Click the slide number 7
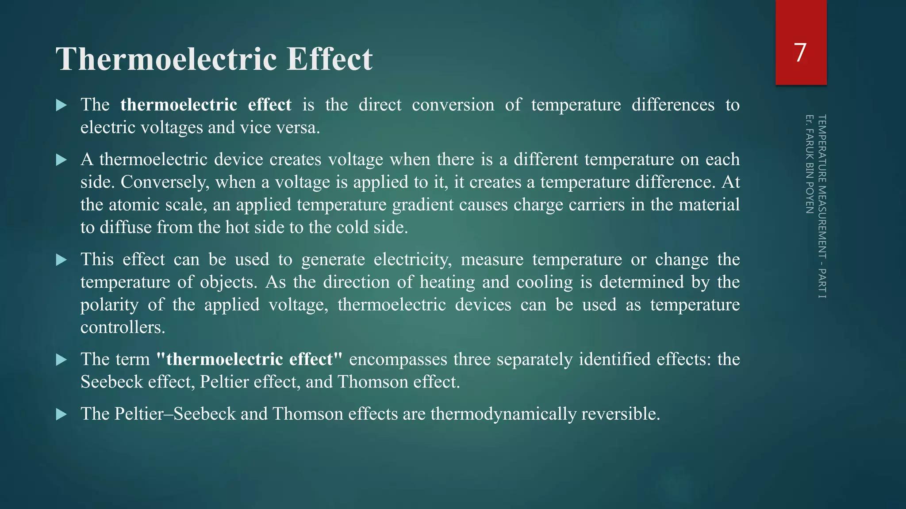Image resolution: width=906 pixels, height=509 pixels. pyautogui.click(x=800, y=53)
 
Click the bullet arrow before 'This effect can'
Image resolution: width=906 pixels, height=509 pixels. pyautogui.click(x=61, y=260)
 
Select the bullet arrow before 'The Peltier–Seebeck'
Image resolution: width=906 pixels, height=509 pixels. pyautogui.click(x=61, y=414)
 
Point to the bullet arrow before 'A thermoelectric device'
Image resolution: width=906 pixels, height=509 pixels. pyautogui.click(x=61, y=160)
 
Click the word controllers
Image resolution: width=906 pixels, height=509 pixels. pyautogui.click(x=123, y=327)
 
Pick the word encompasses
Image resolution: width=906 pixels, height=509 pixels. pyautogui.click(x=398, y=359)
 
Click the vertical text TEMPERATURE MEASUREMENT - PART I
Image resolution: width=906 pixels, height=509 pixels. pyautogui.click(x=822, y=206)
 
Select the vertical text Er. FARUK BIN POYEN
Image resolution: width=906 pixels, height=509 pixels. pyautogui.click(x=809, y=164)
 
